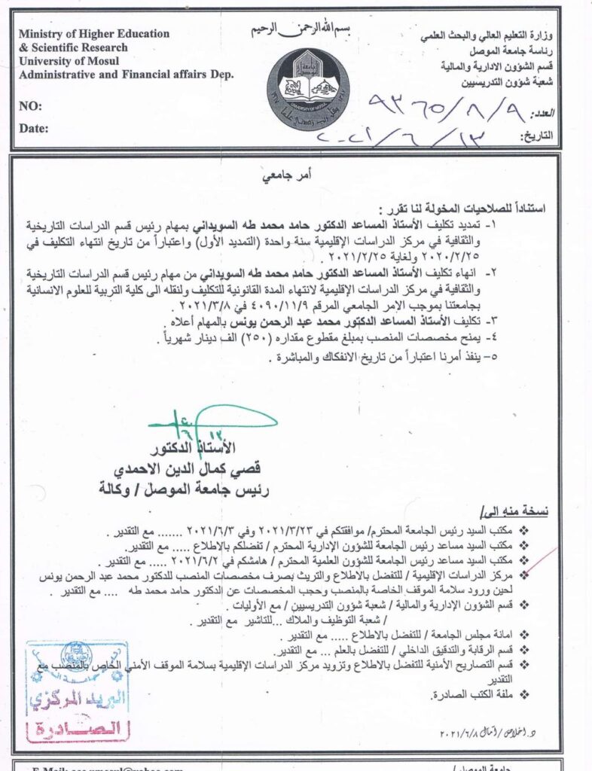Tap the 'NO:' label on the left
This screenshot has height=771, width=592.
pyautogui.click(x=30, y=106)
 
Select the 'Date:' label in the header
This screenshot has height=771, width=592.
pyautogui.click(x=33, y=128)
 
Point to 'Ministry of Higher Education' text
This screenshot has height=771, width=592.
pyautogui.click(x=93, y=34)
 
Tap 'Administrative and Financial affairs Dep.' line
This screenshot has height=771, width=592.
pyautogui.click(x=126, y=74)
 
